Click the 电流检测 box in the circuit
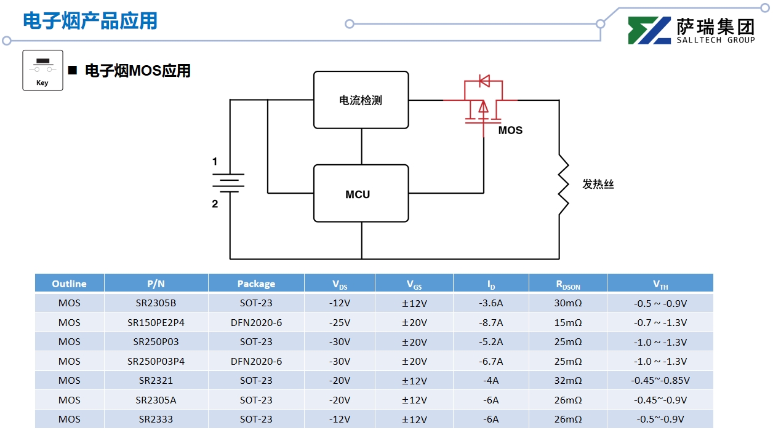pyautogui.click(x=361, y=100)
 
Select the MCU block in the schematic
pyautogui.click(x=361, y=194)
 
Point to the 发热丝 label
pyautogui.click(x=598, y=184)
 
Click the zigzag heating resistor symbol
pyautogui.click(x=563, y=184)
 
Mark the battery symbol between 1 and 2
pyautogui.click(x=228, y=183)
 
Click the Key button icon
pyautogui.click(x=42, y=70)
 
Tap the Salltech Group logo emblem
pyautogui.click(x=649, y=31)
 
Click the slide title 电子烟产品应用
pyautogui.click(x=90, y=21)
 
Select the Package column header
pyautogui.click(x=256, y=284)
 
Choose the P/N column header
pyautogui.click(x=156, y=284)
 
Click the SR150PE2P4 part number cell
pyautogui.click(x=156, y=322)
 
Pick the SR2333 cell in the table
pyautogui.click(x=156, y=419)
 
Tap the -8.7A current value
pyautogui.click(x=491, y=322)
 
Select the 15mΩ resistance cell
pyautogui.click(x=567, y=322)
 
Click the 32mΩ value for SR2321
pyautogui.click(x=567, y=381)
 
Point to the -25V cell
pyautogui.click(x=339, y=322)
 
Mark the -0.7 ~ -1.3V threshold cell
pyautogui.click(x=660, y=322)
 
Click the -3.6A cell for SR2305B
pyautogui.click(x=491, y=303)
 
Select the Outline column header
pyautogui.click(x=69, y=284)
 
